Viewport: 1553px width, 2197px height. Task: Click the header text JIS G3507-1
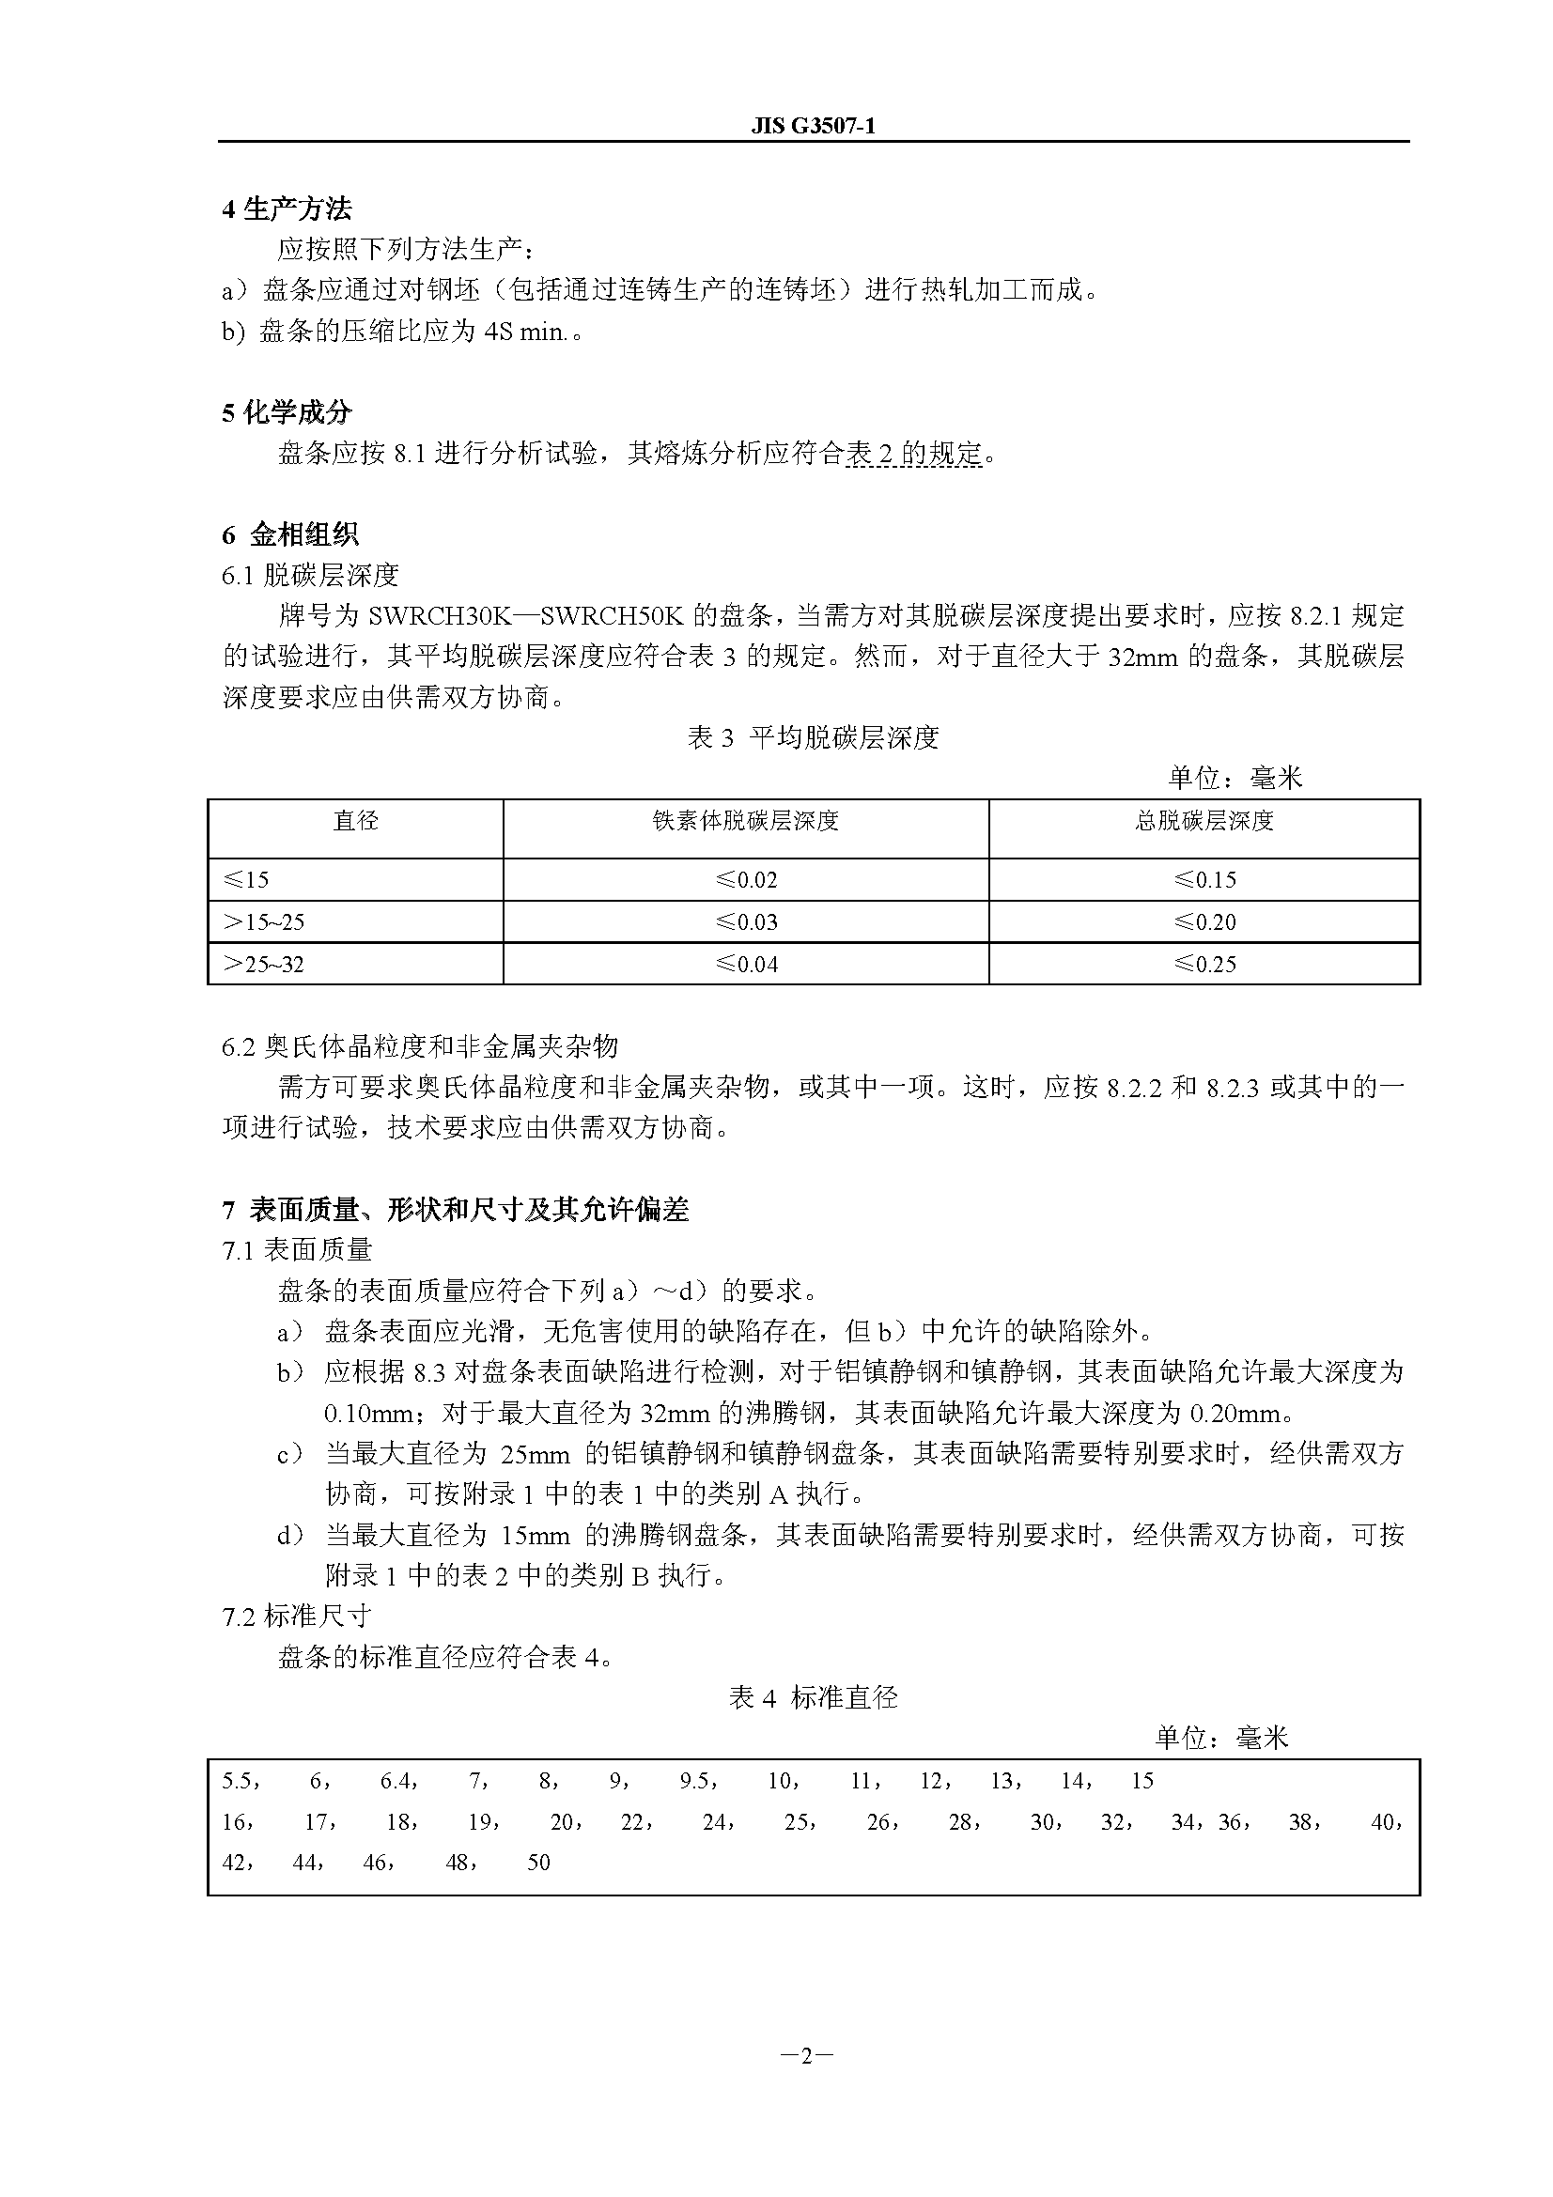point(813,126)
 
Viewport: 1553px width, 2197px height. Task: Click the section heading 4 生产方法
point(287,209)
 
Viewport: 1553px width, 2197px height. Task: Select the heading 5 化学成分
point(287,412)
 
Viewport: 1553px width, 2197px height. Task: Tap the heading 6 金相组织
point(290,534)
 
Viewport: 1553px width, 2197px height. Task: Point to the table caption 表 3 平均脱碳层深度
point(813,737)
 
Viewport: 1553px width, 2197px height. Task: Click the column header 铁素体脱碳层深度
point(745,821)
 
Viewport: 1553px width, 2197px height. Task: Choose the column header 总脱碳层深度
point(1204,821)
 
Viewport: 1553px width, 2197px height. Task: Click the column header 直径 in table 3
point(355,821)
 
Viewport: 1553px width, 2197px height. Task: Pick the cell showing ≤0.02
point(746,879)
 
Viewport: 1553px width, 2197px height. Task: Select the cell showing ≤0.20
point(1204,921)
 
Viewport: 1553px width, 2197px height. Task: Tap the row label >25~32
point(263,964)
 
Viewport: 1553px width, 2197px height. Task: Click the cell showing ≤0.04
point(746,964)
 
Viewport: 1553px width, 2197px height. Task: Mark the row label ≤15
point(246,879)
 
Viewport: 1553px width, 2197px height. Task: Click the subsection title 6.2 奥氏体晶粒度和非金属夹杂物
point(420,1046)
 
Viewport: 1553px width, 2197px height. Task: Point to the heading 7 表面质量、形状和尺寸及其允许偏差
point(456,1210)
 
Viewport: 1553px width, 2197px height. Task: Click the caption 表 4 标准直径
point(813,1697)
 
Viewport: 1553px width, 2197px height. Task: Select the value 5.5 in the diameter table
point(238,1781)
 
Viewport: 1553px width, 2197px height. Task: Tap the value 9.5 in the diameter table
point(694,1781)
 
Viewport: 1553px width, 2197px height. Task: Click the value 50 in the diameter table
point(538,1862)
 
